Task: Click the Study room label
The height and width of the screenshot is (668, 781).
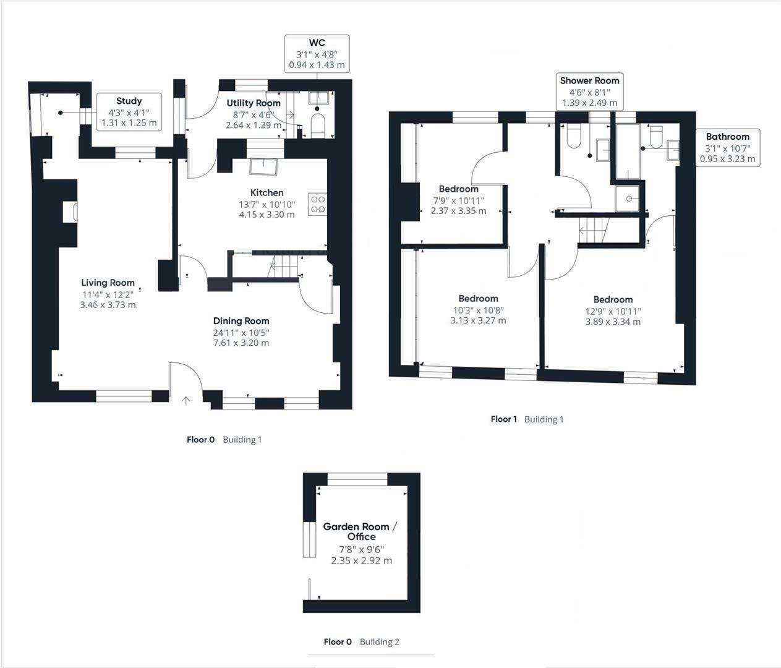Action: [129, 101]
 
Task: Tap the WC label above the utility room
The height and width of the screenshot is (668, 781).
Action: [317, 43]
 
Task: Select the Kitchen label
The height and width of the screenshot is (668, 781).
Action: [267, 192]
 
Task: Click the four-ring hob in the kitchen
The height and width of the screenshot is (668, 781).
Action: [317, 204]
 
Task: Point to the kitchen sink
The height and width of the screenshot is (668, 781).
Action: [263, 166]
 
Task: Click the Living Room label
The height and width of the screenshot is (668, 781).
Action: [108, 283]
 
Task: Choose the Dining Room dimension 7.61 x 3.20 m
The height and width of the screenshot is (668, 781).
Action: [241, 343]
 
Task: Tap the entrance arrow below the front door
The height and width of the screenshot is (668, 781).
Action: [186, 400]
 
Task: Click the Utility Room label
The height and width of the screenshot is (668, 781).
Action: [254, 103]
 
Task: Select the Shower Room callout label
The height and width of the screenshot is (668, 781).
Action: [589, 80]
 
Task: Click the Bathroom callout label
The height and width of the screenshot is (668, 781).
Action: [727, 137]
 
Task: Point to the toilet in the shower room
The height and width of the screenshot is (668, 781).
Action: [573, 136]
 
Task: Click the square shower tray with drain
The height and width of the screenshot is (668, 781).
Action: [628, 199]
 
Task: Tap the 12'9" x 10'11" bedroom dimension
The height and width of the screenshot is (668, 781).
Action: [613, 311]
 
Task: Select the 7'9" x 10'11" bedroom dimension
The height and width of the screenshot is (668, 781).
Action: [458, 200]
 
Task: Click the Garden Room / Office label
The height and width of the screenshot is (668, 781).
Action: [361, 531]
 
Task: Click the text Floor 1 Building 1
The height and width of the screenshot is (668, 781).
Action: [527, 419]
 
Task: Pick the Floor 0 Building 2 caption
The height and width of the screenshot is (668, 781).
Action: [361, 641]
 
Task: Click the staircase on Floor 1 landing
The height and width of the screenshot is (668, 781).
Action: [594, 230]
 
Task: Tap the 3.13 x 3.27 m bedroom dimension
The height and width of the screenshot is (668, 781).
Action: [478, 320]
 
